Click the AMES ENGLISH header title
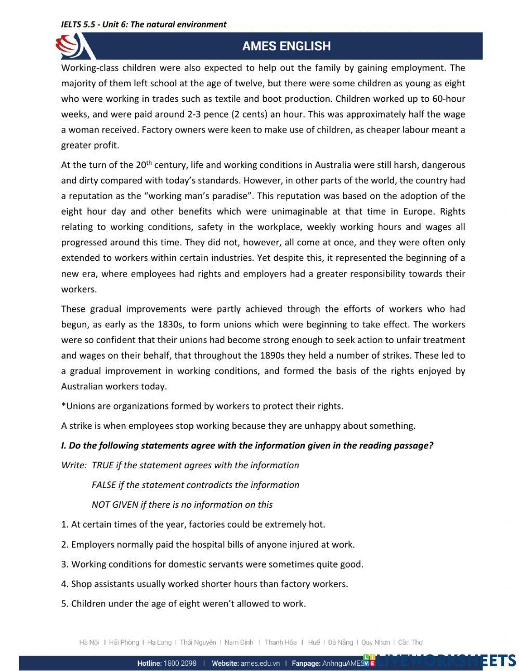(x=286, y=46)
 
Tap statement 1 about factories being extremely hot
(x=193, y=524)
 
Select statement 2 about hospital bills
(x=207, y=545)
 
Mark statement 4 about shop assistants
(x=204, y=584)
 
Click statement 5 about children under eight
(x=183, y=604)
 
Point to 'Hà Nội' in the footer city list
(x=89, y=642)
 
